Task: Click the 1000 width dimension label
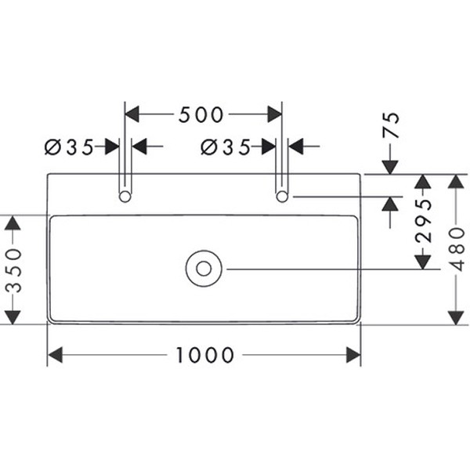point(204,356)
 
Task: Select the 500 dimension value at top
point(201,115)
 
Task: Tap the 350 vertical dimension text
point(13,270)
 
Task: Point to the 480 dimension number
point(459,249)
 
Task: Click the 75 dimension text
point(391,125)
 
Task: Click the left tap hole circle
point(125,196)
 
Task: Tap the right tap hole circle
point(282,196)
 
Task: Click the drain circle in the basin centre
point(204,269)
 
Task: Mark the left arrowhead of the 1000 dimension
point(55,356)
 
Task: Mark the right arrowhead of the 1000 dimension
point(353,356)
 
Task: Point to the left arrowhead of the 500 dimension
point(133,114)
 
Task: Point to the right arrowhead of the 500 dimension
point(274,114)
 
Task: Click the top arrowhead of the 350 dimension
point(12,222)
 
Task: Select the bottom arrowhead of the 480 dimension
point(457,316)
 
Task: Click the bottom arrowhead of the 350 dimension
point(12,316)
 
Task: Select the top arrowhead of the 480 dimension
point(457,182)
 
